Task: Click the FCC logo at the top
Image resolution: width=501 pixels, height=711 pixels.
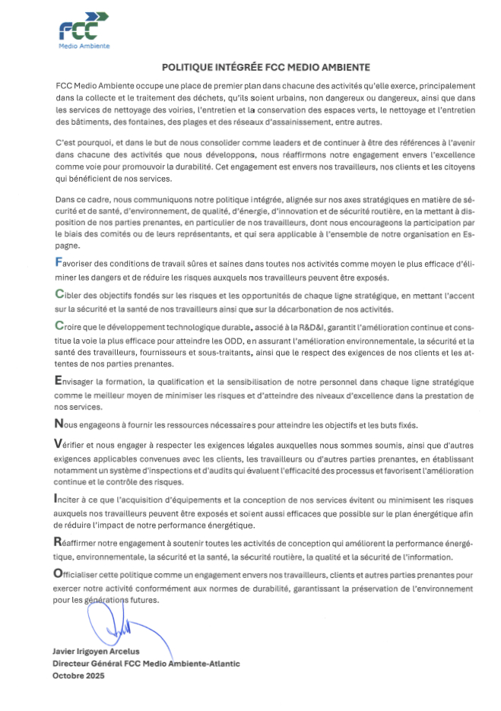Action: [83, 28]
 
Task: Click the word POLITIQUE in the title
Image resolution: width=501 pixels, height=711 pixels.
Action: [187, 67]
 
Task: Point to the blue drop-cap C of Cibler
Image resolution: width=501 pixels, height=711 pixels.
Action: [59, 294]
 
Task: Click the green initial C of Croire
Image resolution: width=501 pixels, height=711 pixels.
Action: [59, 326]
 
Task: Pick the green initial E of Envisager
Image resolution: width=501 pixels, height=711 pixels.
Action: [59, 380]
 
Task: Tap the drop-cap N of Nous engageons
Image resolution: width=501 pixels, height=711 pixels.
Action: [59, 424]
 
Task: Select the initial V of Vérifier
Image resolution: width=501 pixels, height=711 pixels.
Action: [59, 443]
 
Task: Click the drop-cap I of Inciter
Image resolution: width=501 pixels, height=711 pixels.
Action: [58, 499]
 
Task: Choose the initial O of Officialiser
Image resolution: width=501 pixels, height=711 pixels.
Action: [59, 575]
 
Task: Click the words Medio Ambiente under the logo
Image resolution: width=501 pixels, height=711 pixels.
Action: [84, 46]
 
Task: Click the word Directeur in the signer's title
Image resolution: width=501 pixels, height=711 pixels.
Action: [73, 663]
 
